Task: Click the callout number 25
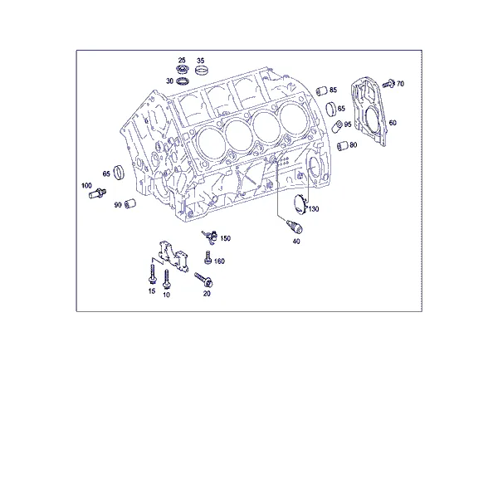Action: (x=182, y=60)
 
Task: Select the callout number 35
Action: (x=200, y=61)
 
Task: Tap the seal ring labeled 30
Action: (x=183, y=81)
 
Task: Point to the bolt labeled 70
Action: (x=388, y=83)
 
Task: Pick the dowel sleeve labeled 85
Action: (x=322, y=90)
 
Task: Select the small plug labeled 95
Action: (x=337, y=126)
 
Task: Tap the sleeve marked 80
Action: (x=343, y=146)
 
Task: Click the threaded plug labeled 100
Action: (x=97, y=193)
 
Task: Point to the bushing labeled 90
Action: (x=130, y=203)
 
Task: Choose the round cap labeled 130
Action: (x=300, y=204)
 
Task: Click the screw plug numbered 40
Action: (x=295, y=227)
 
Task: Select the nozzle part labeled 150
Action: (x=210, y=237)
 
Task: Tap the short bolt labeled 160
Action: (x=208, y=257)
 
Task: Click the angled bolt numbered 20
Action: (x=203, y=280)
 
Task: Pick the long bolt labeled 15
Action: (x=153, y=274)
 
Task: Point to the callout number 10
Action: (x=166, y=295)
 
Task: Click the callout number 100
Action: (x=86, y=185)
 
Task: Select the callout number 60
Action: (x=393, y=123)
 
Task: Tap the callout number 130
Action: (x=314, y=209)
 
